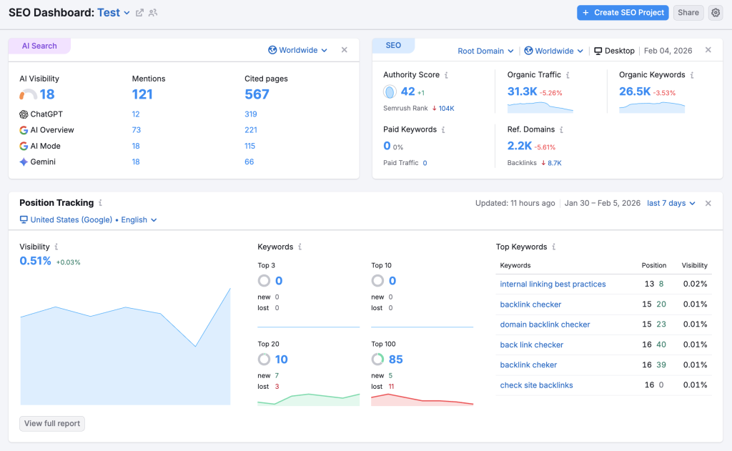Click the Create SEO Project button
[623, 12]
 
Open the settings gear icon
[716, 12]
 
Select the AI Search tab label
[39, 46]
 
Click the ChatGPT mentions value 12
[136, 114]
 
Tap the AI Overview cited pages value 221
[250, 130]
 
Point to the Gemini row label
[42, 162]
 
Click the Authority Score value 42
[407, 91]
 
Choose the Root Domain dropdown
[485, 51]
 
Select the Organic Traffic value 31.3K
[522, 91]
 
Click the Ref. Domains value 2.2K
[519, 146]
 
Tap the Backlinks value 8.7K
[555, 163]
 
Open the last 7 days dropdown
[671, 203]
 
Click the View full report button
[52, 423]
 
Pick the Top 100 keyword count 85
[395, 359]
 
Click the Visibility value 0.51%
[36, 261]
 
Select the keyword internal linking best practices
[553, 284]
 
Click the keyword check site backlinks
[536, 385]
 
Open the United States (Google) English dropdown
[89, 219]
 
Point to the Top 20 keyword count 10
[281, 359]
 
